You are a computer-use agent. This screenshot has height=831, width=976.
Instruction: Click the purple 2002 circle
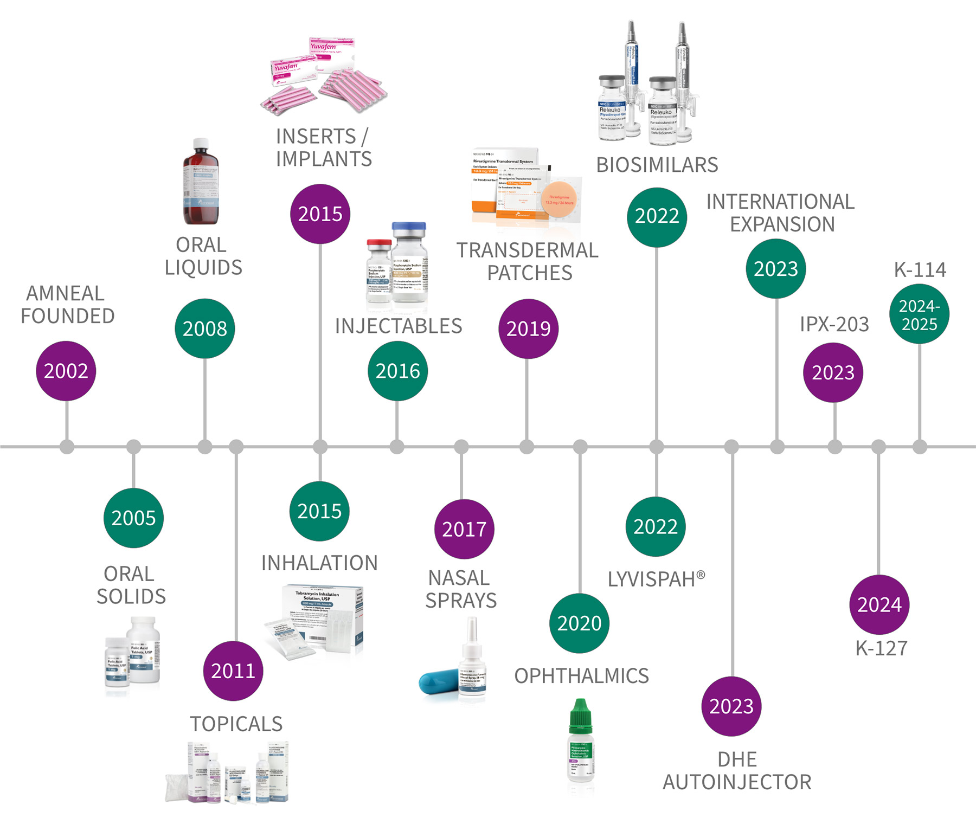click(66, 371)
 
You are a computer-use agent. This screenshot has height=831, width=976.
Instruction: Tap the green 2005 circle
click(133, 518)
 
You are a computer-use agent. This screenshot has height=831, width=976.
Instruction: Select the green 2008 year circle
click(205, 328)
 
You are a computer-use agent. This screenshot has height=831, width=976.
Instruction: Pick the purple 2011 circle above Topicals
click(233, 671)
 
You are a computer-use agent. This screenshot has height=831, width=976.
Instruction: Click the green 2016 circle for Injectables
click(397, 371)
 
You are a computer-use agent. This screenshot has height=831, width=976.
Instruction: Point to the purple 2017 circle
click(464, 529)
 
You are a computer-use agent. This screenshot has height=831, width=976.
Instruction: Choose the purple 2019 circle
click(528, 328)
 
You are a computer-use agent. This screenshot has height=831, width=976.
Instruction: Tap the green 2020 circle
click(579, 623)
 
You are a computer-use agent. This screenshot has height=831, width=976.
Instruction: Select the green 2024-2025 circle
click(919, 314)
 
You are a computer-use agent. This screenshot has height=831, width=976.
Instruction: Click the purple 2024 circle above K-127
click(879, 604)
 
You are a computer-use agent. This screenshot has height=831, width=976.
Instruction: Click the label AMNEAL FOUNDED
click(67, 305)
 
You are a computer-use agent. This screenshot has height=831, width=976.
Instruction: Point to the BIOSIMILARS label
click(657, 165)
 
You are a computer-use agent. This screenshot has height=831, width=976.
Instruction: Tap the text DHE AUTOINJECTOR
click(737, 771)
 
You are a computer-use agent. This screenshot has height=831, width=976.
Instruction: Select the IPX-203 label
click(834, 324)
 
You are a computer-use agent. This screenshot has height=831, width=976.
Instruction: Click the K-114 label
click(920, 269)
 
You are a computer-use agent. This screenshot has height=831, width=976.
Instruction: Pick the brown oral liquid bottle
click(201, 184)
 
